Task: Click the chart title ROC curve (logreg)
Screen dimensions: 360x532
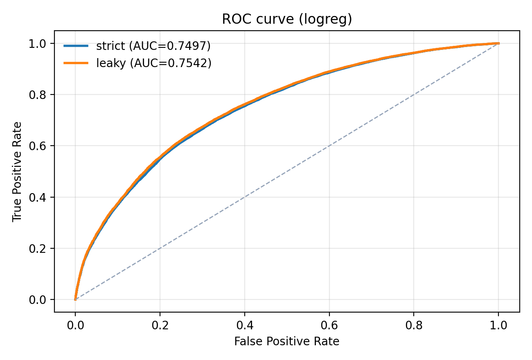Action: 287,19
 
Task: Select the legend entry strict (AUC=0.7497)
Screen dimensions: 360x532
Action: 153,46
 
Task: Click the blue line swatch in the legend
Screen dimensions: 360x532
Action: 76,46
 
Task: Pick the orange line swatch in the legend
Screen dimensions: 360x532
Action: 76,63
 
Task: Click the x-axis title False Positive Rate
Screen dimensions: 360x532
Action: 287,341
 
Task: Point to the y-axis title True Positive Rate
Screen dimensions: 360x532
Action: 17,171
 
